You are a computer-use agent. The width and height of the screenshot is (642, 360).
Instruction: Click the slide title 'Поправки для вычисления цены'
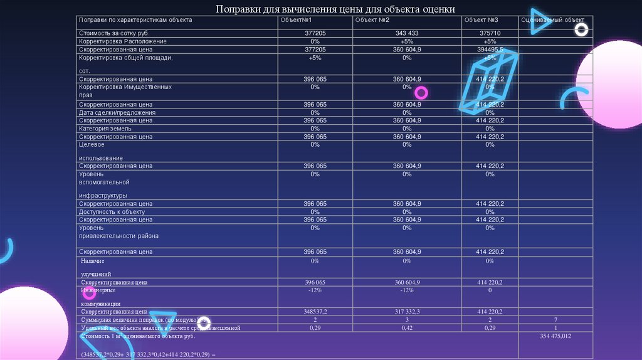click(335, 9)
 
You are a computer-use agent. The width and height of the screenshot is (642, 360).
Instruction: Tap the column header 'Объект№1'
click(296, 20)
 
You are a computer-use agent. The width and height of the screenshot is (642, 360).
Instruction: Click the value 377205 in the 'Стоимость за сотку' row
click(315, 33)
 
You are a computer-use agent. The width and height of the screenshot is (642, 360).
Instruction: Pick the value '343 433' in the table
click(407, 33)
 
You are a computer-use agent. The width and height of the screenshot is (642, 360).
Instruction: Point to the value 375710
click(490, 33)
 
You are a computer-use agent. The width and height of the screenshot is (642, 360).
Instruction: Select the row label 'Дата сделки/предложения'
click(117, 112)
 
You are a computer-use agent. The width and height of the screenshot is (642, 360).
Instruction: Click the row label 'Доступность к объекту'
click(112, 212)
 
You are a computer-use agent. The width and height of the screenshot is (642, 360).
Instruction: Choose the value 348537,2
click(315, 311)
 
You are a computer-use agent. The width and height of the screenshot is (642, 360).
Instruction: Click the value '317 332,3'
click(407, 311)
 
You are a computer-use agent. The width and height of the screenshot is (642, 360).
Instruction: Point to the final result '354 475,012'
click(555, 336)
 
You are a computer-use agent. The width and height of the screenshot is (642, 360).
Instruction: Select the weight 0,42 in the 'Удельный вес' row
click(407, 327)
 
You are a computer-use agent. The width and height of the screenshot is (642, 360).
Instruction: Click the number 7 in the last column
click(555, 320)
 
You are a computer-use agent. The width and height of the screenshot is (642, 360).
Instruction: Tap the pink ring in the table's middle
click(421, 93)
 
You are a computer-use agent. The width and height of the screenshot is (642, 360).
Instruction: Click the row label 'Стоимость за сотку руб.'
click(113, 33)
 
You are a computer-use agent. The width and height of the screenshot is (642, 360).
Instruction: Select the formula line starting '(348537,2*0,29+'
click(148, 354)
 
